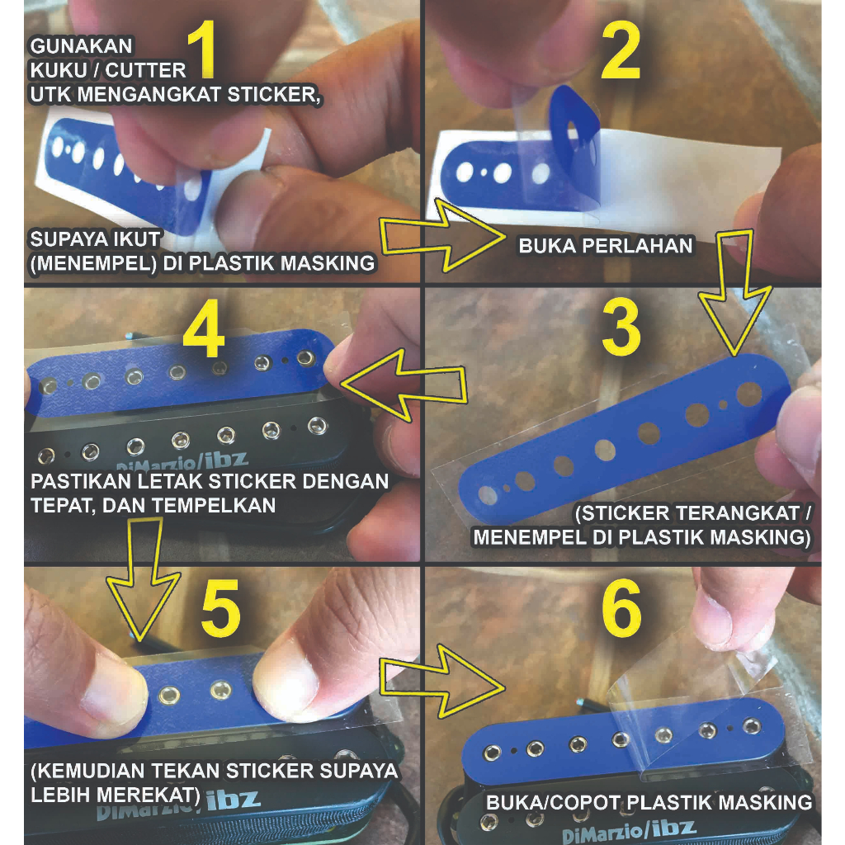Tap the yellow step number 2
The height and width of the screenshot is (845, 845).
click(x=621, y=50)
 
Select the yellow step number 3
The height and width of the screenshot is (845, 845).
click(x=621, y=327)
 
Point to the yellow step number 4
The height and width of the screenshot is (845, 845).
click(x=204, y=328)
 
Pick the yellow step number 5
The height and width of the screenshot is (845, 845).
click(x=221, y=608)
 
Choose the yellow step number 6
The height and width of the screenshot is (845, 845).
click(x=621, y=608)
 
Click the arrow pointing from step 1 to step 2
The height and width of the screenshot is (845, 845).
click(x=443, y=235)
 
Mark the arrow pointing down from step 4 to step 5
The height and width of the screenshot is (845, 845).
click(x=144, y=580)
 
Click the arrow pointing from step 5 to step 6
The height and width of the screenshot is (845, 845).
click(x=443, y=681)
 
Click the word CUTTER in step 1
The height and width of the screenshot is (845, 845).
click(x=146, y=71)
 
